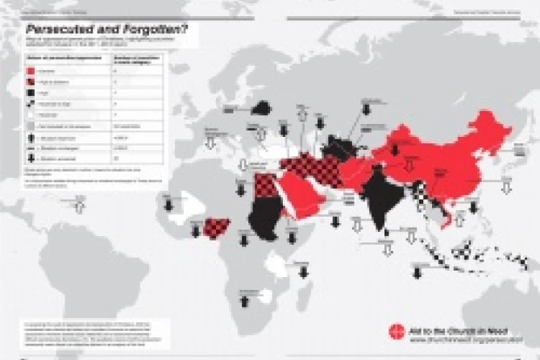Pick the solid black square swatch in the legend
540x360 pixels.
tap(29, 93)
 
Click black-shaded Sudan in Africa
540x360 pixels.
tap(262, 212)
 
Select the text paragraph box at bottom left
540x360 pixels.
tap(85, 332)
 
